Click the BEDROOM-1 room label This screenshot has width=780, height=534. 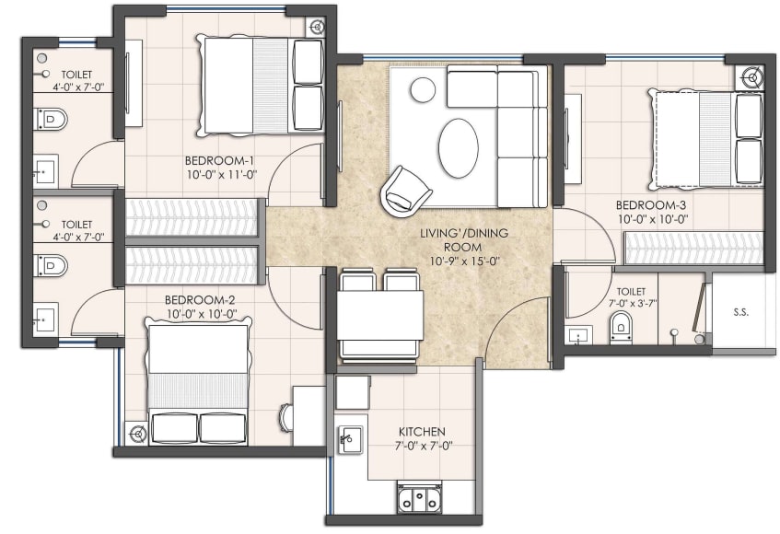tap(219, 157)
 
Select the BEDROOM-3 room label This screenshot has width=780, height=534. tap(651, 204)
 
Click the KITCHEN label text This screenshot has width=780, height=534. tap(422, 431)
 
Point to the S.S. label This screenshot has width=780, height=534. tap(740, 312)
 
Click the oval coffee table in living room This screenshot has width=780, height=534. tap(459, 147)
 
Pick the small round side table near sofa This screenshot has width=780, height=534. tap(423, 90)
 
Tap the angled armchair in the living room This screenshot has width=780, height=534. tap(405, 189)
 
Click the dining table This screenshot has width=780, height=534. tap(379, 316)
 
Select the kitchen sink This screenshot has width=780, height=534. tap(348, 439)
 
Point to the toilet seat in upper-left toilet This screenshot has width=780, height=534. tap(52, 119)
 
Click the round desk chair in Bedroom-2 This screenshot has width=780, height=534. tap(285, 417)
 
